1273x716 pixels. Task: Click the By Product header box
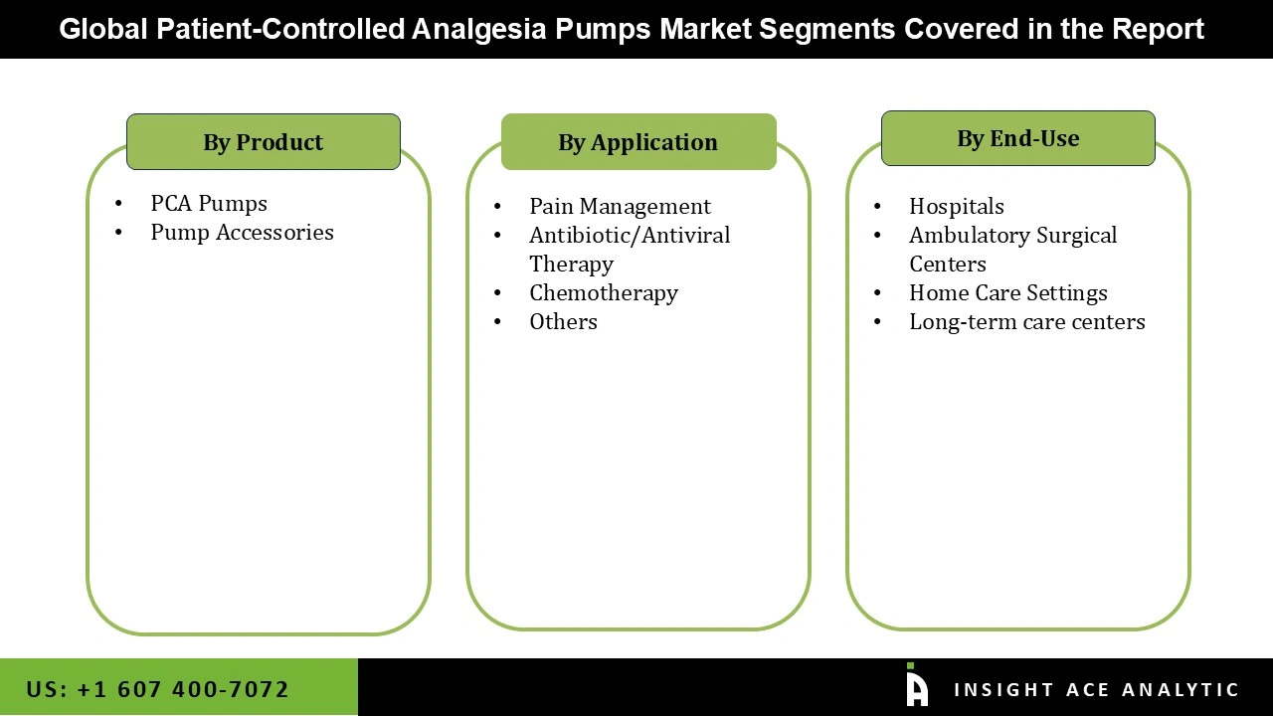tap(264, 142)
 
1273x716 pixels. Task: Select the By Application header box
tap(638, 142)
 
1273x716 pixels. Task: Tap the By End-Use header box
tap(1017, 138)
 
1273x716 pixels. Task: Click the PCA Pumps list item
tap(209, 204)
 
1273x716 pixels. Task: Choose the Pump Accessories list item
tap(242, 233)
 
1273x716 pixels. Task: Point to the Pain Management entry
tap(620, 207)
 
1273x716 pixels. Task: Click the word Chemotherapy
tap(604, 293)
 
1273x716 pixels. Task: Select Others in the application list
tap(563, 322)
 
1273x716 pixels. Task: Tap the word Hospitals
tap(957, 207)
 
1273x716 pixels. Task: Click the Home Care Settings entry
tap(1007, 293)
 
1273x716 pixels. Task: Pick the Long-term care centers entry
tap(1026, 322)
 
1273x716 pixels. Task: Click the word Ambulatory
tap(969, 236)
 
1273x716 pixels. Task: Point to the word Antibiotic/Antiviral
tap(630, 236)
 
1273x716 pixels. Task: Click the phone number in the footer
tap(158, 689)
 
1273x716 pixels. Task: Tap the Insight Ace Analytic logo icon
tap(916, 686)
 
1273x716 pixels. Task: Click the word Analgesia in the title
tap(478, 29)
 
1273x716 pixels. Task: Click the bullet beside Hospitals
tap(877, 207)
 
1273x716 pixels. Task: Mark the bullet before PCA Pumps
tap(119, 204)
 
